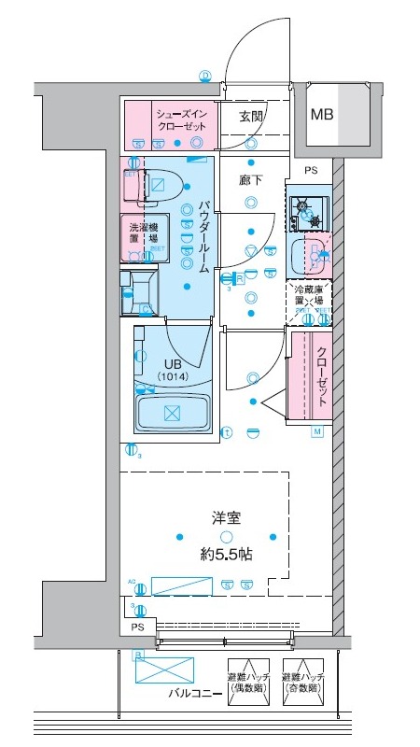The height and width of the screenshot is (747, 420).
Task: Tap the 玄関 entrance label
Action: [x=249, y=117]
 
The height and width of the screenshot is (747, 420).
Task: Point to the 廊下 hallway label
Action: [x=249, y=180]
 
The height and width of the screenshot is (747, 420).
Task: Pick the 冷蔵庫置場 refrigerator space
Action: [x=309, y=297]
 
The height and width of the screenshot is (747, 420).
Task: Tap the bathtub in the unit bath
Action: [x=172, y=412]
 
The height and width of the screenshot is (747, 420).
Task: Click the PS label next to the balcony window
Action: [x=137, y=626]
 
